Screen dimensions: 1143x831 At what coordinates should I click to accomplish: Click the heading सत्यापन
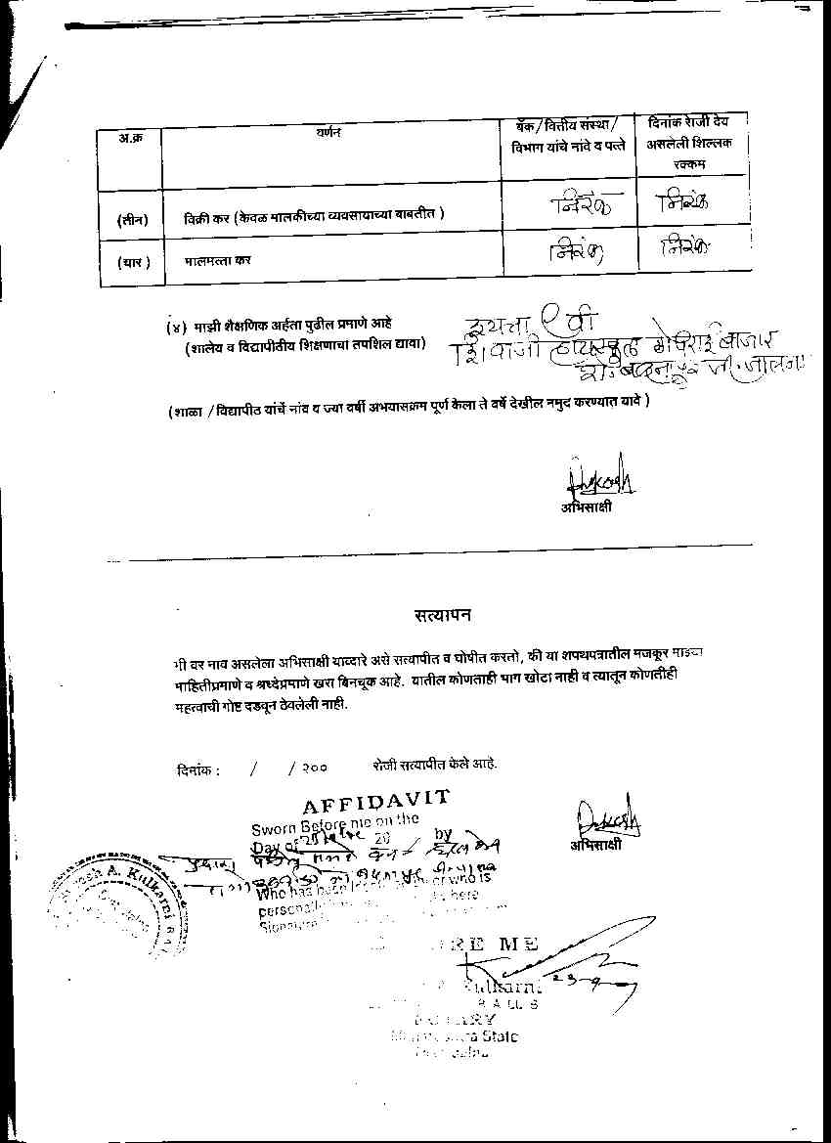pyautogui.click(x=442, y=615)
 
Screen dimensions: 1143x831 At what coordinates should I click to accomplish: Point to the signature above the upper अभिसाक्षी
pyautogui.click(x=598, y=478)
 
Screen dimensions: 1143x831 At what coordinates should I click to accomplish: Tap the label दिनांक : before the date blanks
pyautogui.click(x=198, y=769)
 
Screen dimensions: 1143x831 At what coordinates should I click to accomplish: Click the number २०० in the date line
pyautogui.click(x=315, y=769)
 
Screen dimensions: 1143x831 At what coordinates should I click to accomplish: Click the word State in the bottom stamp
pyautogui.click(x=498, y=1036)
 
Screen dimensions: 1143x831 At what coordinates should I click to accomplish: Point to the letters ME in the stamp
pyautogui.click(x=518, y=944)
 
